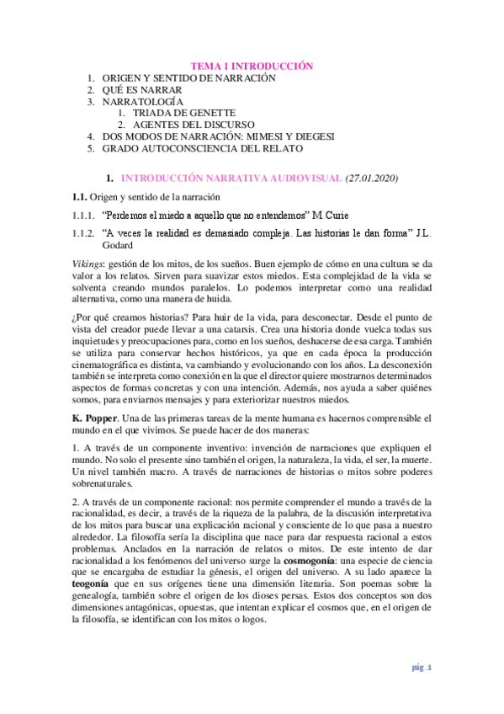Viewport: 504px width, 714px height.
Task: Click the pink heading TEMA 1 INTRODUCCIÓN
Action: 252,65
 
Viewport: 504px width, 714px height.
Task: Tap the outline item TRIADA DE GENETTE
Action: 176,112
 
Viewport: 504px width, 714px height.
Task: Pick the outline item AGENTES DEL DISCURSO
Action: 187,124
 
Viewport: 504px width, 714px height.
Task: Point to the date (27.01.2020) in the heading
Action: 372,178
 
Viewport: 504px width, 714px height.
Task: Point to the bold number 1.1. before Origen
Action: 79,197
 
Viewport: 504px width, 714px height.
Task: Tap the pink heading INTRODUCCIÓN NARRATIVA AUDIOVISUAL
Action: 231,178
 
